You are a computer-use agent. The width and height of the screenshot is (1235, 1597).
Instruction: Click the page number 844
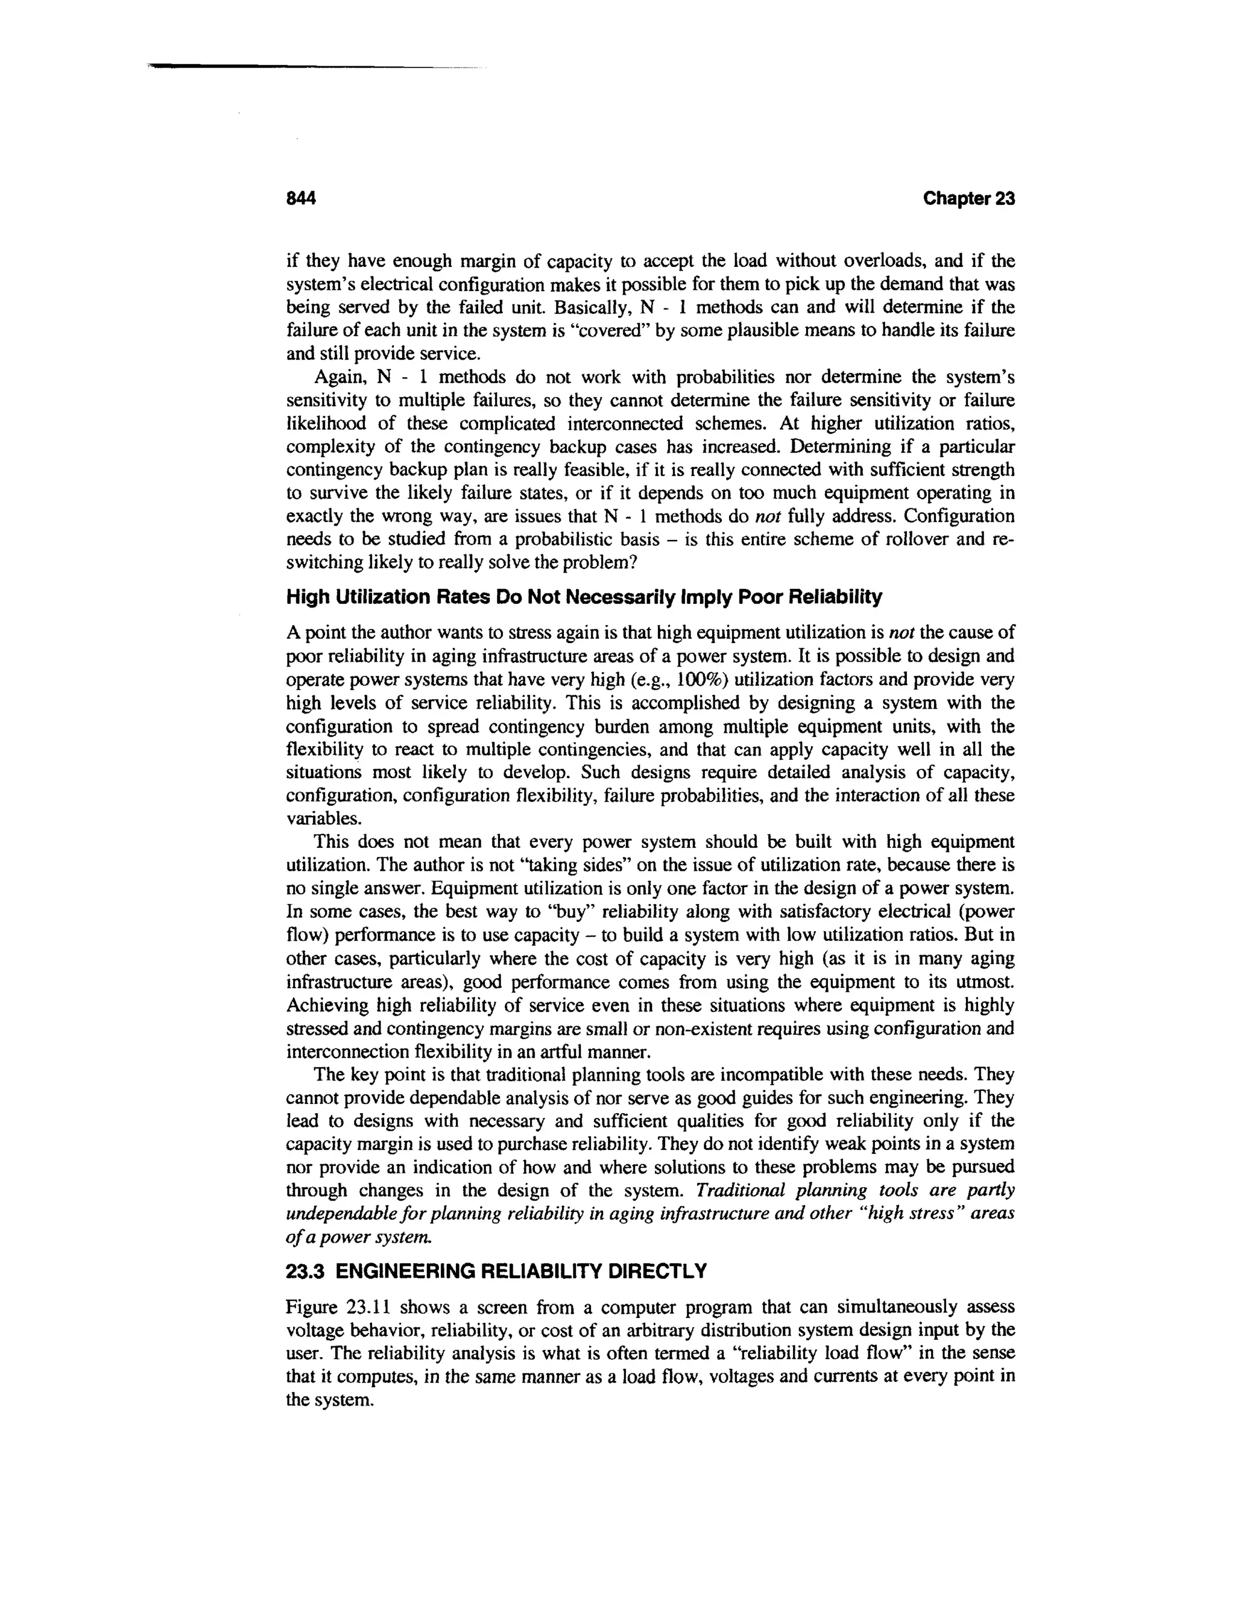(x=300, y=199)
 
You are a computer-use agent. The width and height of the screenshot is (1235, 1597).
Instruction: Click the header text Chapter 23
(x=968, y=199)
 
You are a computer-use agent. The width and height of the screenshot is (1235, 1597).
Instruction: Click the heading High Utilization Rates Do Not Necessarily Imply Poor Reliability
(x=583, y=597)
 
